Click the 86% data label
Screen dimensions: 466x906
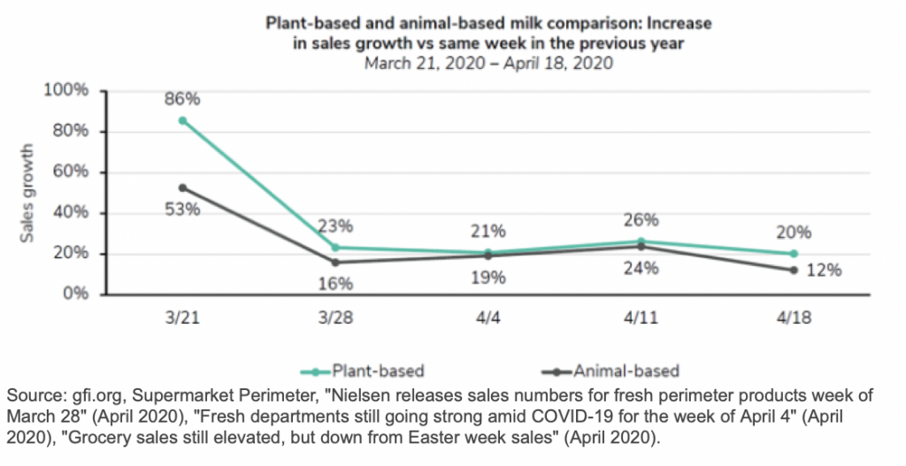click(x=182, y=98)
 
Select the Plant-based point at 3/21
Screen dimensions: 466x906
click(x=182, y=120)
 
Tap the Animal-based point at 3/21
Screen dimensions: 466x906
click(x=182, y=187)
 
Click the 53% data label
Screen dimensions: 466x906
click(x=182, y=210)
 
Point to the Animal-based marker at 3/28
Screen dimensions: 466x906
click(x=335, y=263)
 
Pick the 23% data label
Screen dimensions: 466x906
click(x=335, y=225)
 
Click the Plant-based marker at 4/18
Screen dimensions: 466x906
click(x=794, y=254)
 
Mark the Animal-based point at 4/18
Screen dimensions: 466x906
click(x=794, y=270)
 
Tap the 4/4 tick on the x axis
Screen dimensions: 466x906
click(x=488, y=317)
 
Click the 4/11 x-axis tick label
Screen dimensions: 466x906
click(x=641, y=317)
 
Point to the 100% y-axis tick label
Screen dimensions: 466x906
click(x=68, y=91)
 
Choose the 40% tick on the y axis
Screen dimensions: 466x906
click(x=72, y=213)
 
